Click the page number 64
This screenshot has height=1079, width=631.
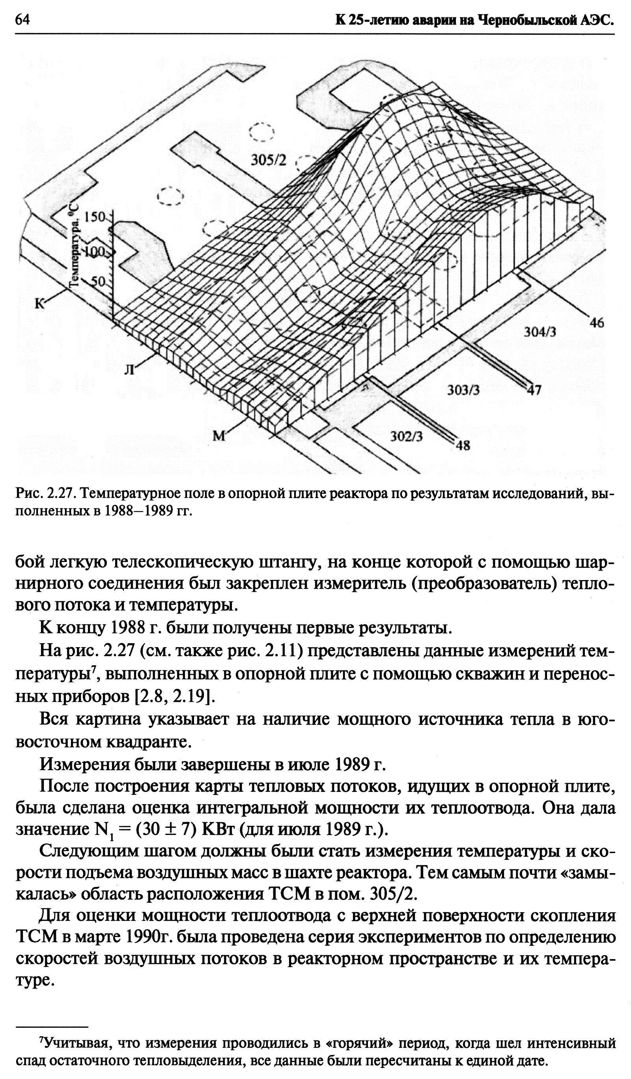(x=22, y=20)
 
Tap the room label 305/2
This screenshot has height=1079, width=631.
(x=268, y=161)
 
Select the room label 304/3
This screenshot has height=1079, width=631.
(x=540, y=331)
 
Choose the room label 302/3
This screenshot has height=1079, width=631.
(x=406, y=436)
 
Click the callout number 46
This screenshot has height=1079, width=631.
(x=596, y=323)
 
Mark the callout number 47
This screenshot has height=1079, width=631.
(x=534, y=390)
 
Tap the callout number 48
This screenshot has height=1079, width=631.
(x=462, y=446)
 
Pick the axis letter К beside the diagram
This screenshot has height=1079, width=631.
(x=39, y=304)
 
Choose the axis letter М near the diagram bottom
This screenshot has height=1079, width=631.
(x=219, y=436)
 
